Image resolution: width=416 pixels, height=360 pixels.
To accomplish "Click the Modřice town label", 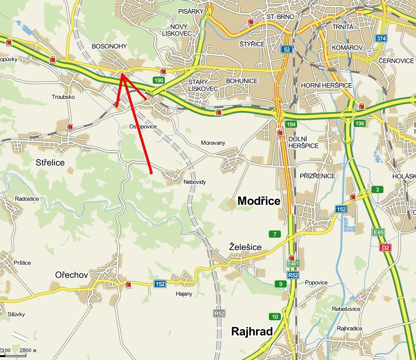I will point(259,201).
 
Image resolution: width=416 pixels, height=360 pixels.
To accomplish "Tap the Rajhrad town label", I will point(252,332).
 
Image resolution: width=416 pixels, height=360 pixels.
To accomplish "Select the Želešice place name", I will point(245,247).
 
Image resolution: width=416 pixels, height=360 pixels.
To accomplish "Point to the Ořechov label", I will point(71,275).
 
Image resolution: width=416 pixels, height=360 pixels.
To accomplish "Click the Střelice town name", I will point(50,162).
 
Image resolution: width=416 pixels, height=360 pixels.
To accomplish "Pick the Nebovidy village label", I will point(195,182).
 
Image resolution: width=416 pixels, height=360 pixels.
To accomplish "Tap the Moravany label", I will point(213,143).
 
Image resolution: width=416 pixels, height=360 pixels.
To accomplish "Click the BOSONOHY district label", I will point(109,46).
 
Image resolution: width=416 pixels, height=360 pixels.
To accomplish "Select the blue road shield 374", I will point(381,38).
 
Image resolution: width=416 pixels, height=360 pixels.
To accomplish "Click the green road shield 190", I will point(158,80).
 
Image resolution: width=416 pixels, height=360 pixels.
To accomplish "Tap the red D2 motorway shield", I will point(385,248).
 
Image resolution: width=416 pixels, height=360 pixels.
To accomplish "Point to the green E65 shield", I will point(379,233).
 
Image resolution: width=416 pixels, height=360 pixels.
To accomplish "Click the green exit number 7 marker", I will point(275,234).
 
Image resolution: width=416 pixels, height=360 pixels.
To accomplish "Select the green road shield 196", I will point(360,124).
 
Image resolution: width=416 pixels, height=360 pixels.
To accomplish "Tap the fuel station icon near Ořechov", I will point(128,284).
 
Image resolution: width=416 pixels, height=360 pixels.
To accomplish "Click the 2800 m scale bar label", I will point(28,350).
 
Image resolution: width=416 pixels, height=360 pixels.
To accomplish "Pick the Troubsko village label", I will point(63,97).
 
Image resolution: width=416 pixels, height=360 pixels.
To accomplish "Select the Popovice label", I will point(316,283).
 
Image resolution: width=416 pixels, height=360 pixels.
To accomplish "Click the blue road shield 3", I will point(377,189).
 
